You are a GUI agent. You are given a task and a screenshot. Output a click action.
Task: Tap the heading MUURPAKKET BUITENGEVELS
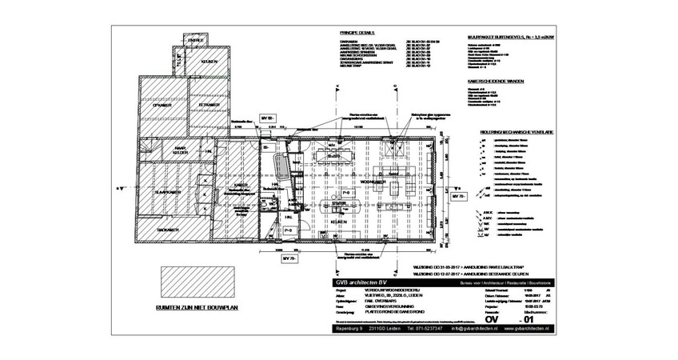[x=501, y=37]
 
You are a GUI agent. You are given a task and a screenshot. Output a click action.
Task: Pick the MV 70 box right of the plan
[x=457, y=196]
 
